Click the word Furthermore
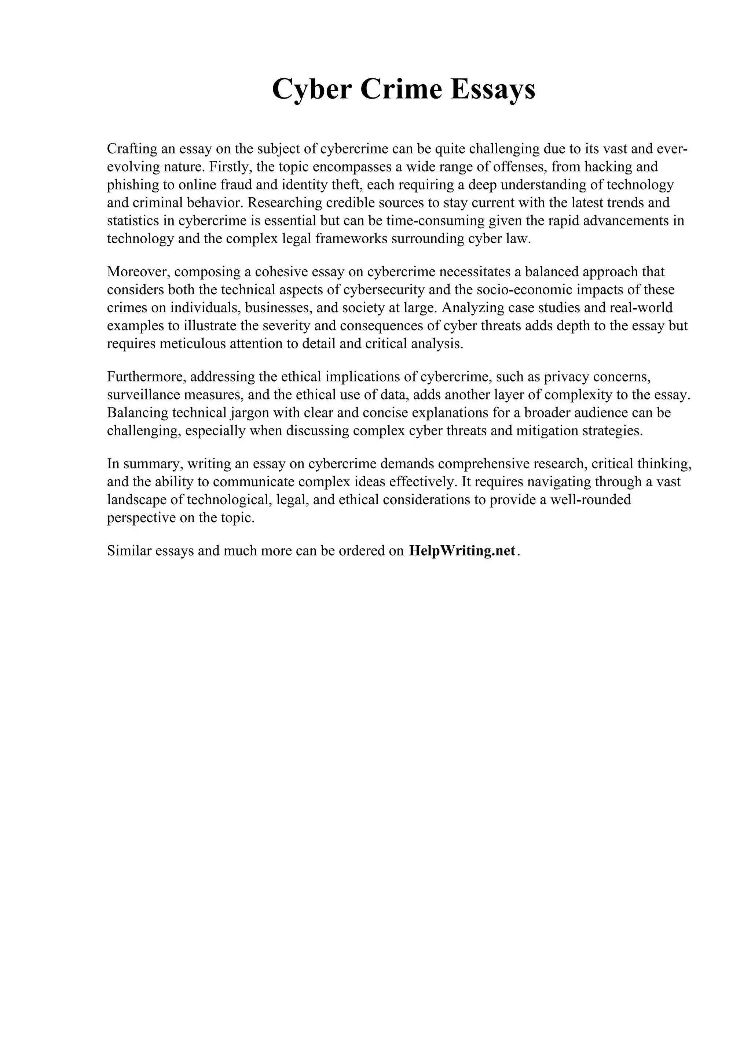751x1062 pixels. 146,377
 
